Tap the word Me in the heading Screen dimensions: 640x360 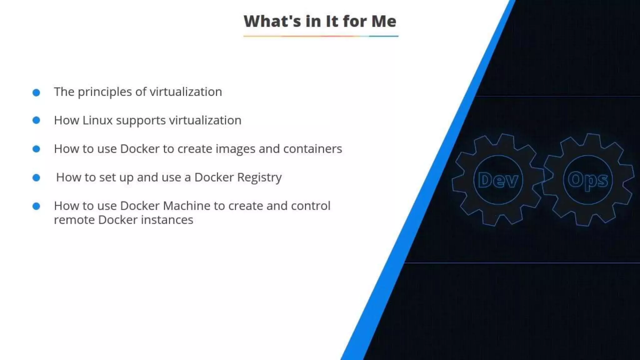tap(384, 22)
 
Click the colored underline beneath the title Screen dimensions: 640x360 tap(321, 36)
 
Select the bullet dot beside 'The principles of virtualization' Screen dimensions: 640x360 tap(36, 92)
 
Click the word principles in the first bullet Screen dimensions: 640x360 tap(105, 92)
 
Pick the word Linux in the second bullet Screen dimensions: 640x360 tap(97, 120)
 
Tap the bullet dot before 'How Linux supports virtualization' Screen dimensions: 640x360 tap(36, 120)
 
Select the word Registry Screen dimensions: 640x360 tap(259, 177)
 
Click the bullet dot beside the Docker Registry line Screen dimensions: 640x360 tap(36, 178)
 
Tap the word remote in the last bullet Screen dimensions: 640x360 tap(75, 220)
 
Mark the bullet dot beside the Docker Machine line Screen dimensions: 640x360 tap(36, 206)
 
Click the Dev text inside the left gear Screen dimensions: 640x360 tap(498, 180)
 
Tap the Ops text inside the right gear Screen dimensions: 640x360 tap(588, 180)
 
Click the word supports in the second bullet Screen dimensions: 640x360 tap(141, 121)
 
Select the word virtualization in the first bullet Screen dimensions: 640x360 tap(186, 92)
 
